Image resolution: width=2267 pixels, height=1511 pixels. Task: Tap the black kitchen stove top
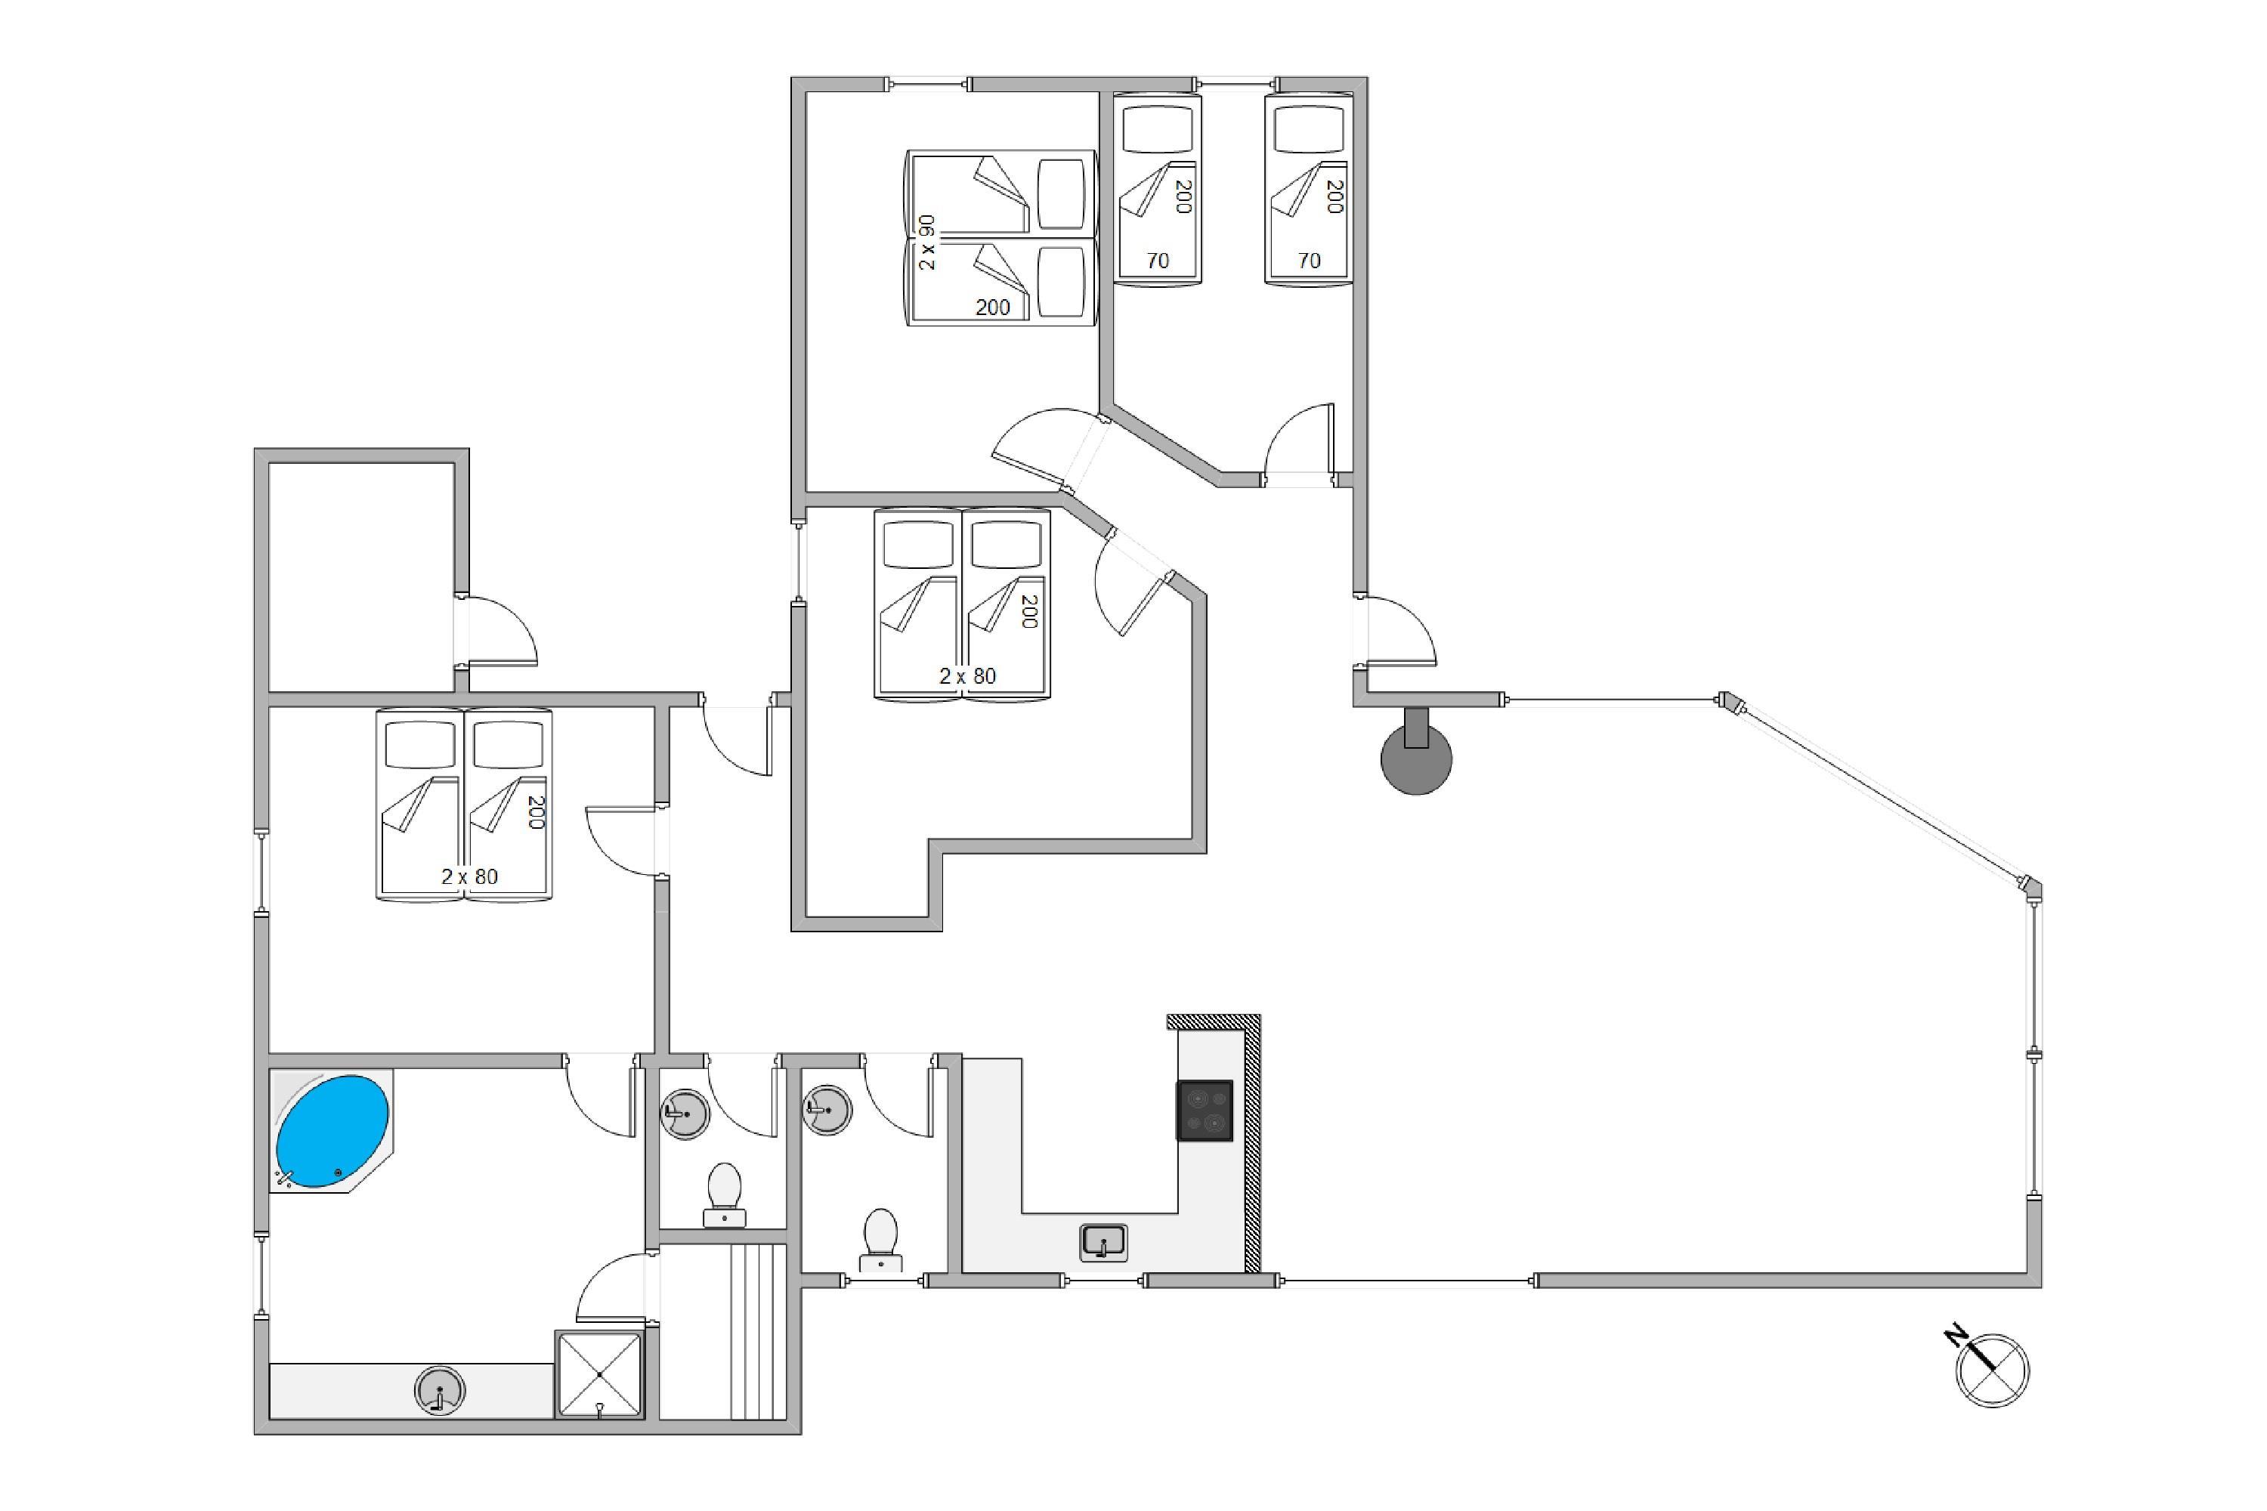1204,1110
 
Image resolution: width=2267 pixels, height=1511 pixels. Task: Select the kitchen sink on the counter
1103,1241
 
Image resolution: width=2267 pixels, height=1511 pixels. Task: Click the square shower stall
598,1374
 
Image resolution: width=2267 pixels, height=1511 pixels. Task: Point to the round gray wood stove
1416,759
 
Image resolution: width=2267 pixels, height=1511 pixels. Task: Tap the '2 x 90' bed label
926,242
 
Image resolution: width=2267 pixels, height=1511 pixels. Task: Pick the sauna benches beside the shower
758,1330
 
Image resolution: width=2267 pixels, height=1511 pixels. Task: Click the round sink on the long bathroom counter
440,1391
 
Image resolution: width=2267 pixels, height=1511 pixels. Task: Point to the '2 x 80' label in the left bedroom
469,876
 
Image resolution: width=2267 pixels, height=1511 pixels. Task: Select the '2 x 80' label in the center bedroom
966,676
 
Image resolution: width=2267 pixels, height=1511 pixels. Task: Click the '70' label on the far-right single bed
1308,260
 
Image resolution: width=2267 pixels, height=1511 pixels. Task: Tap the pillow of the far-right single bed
1308,129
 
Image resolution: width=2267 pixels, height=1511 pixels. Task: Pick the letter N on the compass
1956,1335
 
